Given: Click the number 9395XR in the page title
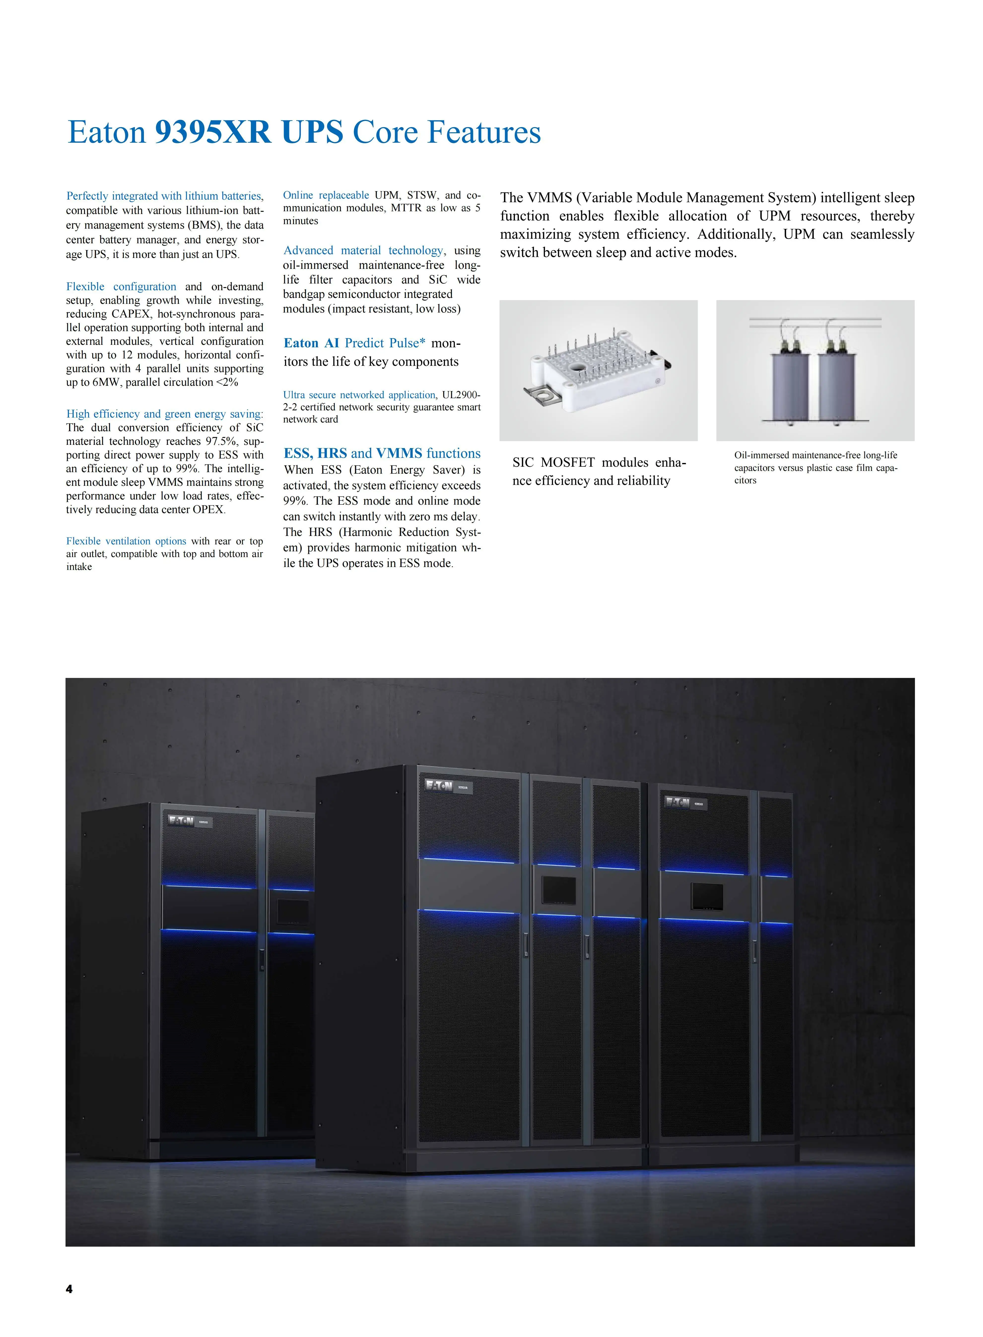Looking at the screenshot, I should [x=212, y=132].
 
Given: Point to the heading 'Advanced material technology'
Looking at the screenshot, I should [x=363, y=251].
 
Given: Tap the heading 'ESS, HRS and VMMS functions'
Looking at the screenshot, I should [x=381, y=454].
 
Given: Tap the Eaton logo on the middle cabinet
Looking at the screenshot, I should [x=439, y=786].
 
